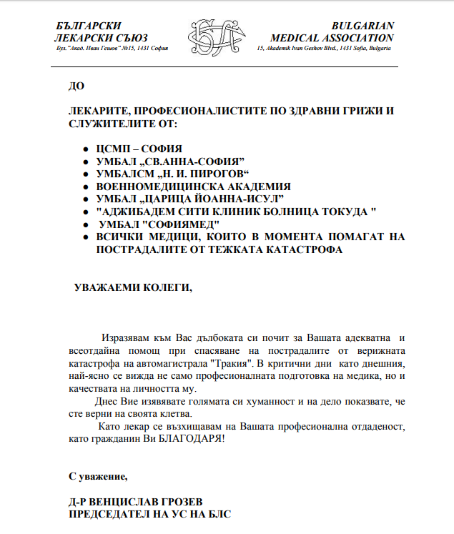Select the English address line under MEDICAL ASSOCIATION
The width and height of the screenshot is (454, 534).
(323, 48)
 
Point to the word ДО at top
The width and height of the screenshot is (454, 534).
(76, 86)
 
